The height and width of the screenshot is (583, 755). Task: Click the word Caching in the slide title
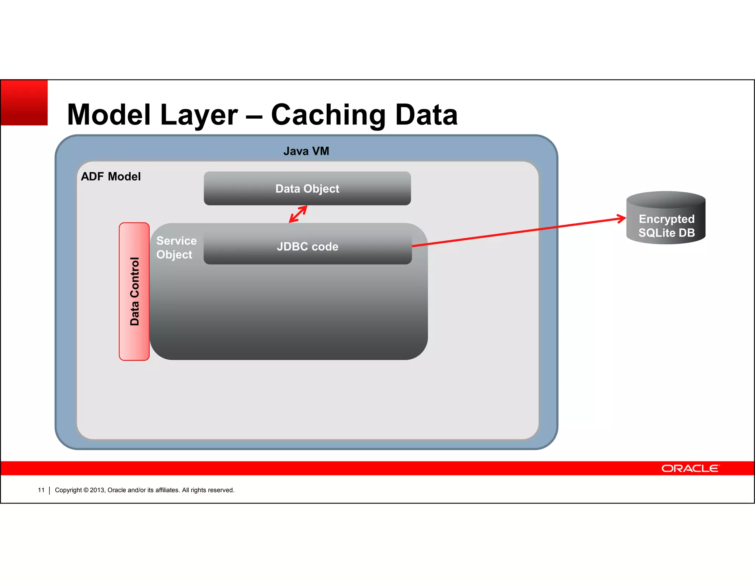click(328, 115)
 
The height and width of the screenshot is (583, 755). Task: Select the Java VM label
click(306, 151)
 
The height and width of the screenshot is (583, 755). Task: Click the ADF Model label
click(111, 177)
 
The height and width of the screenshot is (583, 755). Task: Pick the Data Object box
click(307, 188)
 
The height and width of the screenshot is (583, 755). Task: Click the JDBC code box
click(307, 246)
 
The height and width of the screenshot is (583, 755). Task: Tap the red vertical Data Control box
click(134, 291)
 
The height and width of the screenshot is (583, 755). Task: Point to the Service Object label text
click(176, 247)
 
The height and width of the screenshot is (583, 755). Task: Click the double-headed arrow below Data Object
click(298, 214)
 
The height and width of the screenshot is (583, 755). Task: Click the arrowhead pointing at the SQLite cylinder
click(622, 219)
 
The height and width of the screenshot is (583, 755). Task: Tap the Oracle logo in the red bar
click(690, 468)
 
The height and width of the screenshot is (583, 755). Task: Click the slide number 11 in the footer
click(41, 490)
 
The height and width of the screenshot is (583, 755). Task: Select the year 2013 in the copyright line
click(97, 490)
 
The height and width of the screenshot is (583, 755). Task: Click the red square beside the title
click(24, 103)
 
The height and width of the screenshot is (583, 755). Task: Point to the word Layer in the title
click(199, 115)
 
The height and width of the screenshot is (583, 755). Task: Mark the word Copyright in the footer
click(68, 490)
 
